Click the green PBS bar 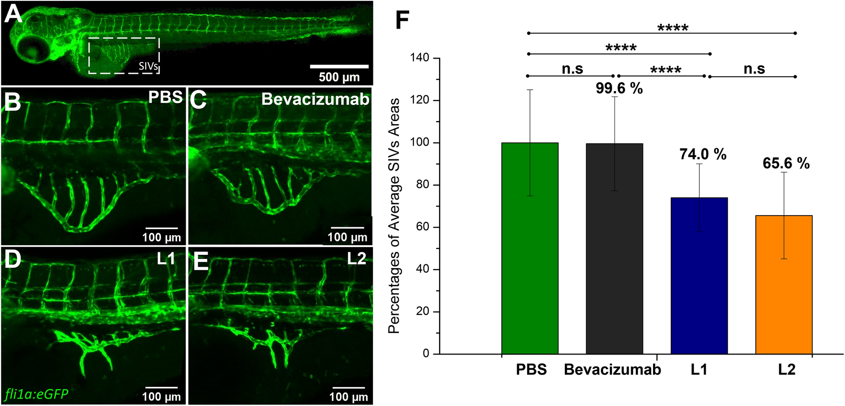pos(530,248)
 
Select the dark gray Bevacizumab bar pos(614,249)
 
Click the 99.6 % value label pos(619,88)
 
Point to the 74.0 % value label pos(703,154)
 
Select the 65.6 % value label pos(786,164)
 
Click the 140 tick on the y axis pos(420,58)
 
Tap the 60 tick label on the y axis pos(422,227)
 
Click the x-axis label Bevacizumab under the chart pos(613,370)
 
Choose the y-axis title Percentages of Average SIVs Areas pos(394,216)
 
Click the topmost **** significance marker pos(673,28)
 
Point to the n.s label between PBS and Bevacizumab pos(572,69)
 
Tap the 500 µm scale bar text pos(339,77)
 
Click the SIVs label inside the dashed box pos(148,66)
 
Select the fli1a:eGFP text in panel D pos(37,394)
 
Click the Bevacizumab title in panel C pos(315,99)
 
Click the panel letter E pos(201,261)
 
